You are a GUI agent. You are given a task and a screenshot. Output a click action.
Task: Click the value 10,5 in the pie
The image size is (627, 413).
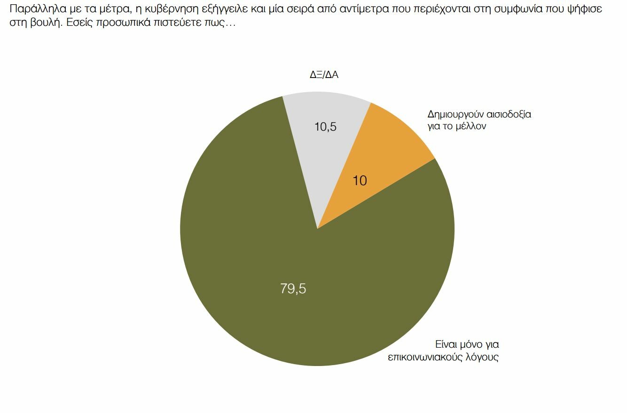click(325, 127)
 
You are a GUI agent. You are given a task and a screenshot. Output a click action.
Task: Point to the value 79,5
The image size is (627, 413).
click(293, 288)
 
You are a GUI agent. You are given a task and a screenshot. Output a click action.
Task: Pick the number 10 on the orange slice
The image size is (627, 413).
click(360, 181)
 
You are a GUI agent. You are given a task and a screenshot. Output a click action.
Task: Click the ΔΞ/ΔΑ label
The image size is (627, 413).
click(324, 75)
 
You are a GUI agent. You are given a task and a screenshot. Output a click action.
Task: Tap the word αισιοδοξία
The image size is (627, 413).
click(509, 114)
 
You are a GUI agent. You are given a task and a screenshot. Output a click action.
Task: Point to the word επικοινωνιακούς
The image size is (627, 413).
click(425, 357)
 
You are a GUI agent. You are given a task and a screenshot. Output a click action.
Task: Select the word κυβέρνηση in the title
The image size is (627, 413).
click(172, 9)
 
